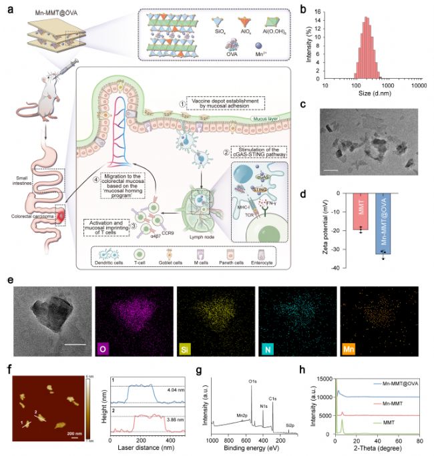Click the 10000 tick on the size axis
click(417, 85)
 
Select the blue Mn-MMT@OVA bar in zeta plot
click(384, 224)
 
